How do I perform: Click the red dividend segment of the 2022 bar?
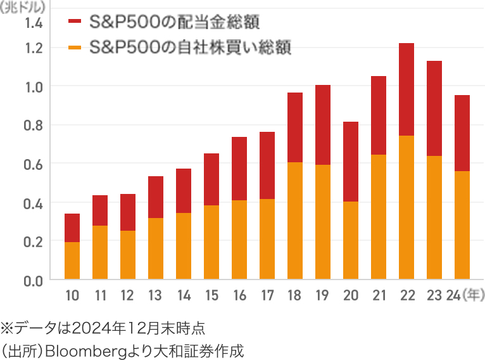coord(406,89)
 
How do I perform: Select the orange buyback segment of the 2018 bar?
coord(295,221)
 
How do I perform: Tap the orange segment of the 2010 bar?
coord(72,260)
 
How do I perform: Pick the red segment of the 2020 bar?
coord(351,162)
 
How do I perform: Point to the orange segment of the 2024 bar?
coord(462,225)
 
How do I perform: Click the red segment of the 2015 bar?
coord(211,179)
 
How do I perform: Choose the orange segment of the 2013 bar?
coord(156,248)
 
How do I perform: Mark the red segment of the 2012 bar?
coord(128,212)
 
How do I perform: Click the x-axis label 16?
coord(239,295)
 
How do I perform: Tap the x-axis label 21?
coord(379,295)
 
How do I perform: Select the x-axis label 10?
coord(72,295)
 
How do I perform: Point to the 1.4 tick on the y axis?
coord(34,24)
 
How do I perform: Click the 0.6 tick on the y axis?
coord(34,164)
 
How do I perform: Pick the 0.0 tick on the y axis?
coord(34,280)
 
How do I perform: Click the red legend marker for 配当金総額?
coord(75,22)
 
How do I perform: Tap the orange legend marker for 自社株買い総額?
coord(75,48)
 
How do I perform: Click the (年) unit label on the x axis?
coord(474,295)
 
